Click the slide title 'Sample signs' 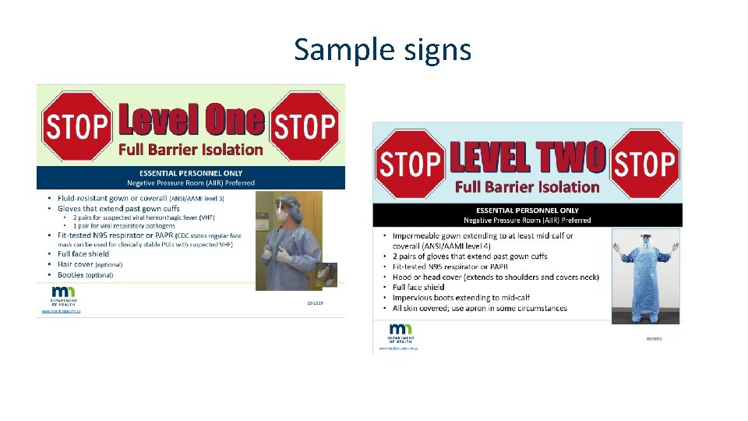pyautogui.click(x=383, y=50)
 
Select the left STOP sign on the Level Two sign pyautogui.click(x=410, y=164)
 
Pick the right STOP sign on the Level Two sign pyautogui.click(x=644, y=164)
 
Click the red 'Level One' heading pyautogui.click(x=191, y=120)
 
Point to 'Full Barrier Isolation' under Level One pyautogui.click(x=191, y=150)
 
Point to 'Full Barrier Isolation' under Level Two pyautogui.click(x=527, y=187)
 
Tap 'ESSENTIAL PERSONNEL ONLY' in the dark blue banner pyautogui.click(x=191, y=173)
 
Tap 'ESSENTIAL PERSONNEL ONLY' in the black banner pyautogui.click(x=527, y=210)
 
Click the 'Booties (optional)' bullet pyautogui.click(x=86, y=275)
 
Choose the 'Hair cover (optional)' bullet pyautogui.click(x=90, y=264)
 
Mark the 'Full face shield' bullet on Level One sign pyautogui.click(x=83, y=254)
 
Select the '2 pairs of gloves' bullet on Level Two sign pyautogui.click(x=470, y=256)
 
